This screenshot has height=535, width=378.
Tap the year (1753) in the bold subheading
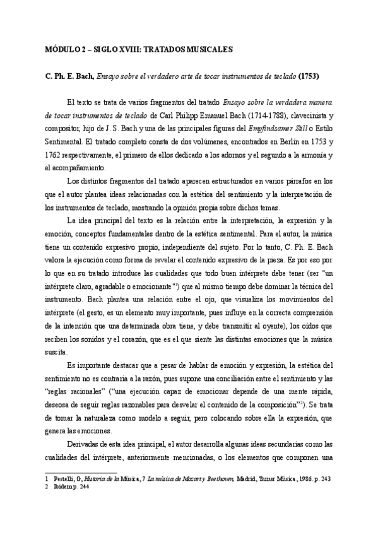click(309, 77)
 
